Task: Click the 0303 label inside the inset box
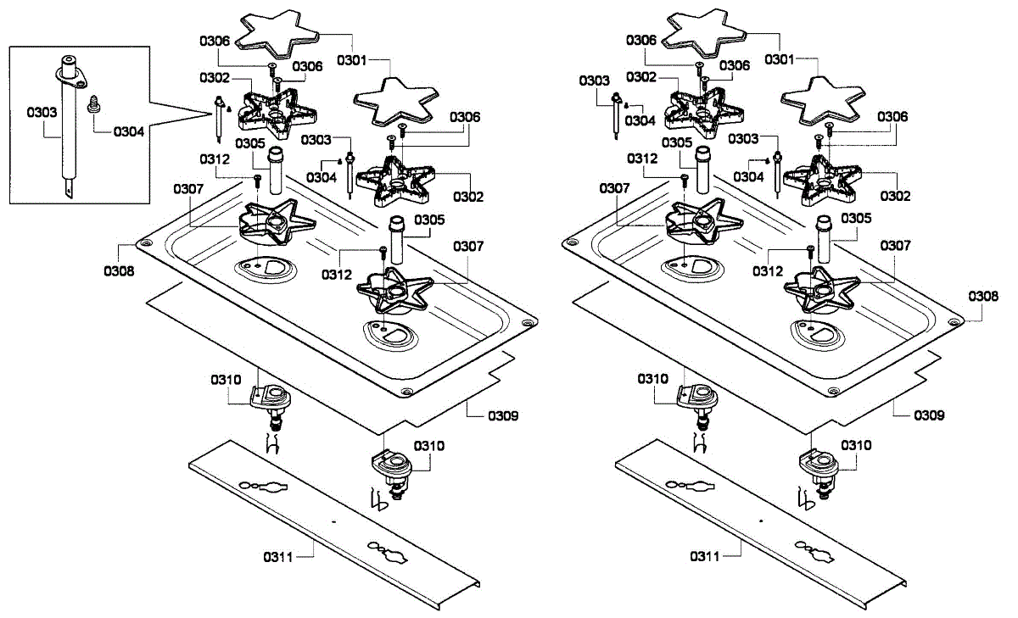(x=41, y=111)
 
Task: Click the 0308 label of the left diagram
(x=119, y=271)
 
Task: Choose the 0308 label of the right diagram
(x=983, y=297)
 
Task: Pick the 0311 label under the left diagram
(x=278, y=556)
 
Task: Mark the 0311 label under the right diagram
(x=705, y=556)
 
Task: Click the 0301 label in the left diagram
(x=352, y=60)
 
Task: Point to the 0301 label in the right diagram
(x=780, y=60)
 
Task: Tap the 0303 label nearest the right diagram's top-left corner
(x=595, y=81)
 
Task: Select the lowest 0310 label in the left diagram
(x=429, y=445)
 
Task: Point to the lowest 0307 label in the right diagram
(x=895, y=246)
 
